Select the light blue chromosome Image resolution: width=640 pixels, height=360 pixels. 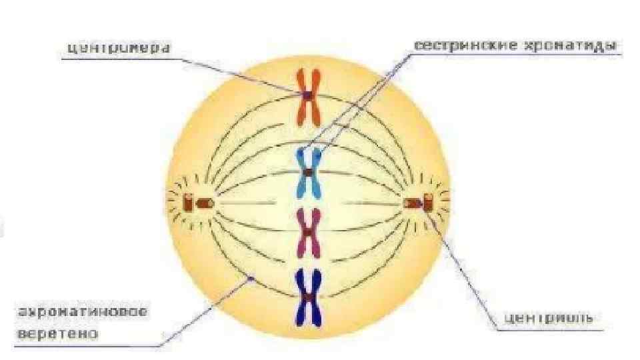309,173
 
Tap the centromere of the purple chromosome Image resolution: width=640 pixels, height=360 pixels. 309,232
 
